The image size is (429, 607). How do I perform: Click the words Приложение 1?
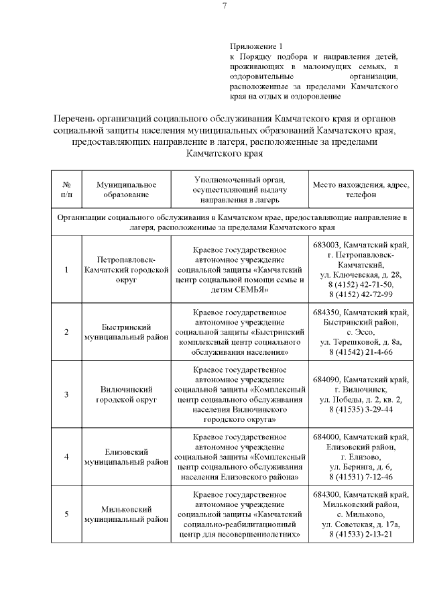(x=252, y=46)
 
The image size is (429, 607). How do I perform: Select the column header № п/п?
(x=66, y=189)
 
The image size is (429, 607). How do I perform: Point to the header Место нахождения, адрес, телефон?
(x=361, y=189)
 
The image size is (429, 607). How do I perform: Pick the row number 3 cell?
(x=66, y=394)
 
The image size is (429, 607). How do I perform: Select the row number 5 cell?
(x=66, y=514)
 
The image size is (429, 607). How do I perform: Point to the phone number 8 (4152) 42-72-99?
(x=361, y=294)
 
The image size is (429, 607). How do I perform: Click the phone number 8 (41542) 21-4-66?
(x=361, y=351)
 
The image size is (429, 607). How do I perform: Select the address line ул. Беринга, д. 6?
(x=361, y=467)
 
